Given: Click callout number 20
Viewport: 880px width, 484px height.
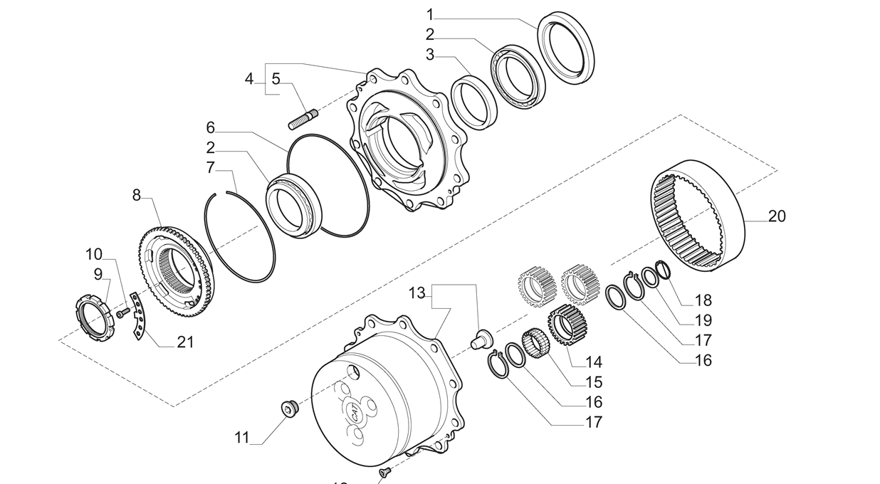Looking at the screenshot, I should [x=777, y=216].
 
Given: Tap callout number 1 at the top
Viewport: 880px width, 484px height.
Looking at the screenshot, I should [x=430, y=14].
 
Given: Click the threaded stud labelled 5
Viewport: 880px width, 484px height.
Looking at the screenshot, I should [x=303, y=118].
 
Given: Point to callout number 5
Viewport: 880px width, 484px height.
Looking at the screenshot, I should [x=276, y=79].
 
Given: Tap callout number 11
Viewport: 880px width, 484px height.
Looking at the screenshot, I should [x=242, y=437].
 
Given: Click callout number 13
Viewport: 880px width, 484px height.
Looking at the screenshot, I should [x=417, y=293].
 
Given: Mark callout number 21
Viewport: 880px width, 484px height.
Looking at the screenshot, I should [x=185, y=342].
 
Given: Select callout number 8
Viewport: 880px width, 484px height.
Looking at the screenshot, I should [x=137, y=194].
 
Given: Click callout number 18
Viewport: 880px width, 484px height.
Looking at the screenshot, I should [x=703, y=300].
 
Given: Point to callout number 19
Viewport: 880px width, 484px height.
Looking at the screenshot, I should [x=703, y=320].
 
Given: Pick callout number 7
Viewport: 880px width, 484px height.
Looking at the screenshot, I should [x=210, y=168].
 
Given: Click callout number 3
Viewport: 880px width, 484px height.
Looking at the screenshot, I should [x=430, y=54].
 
